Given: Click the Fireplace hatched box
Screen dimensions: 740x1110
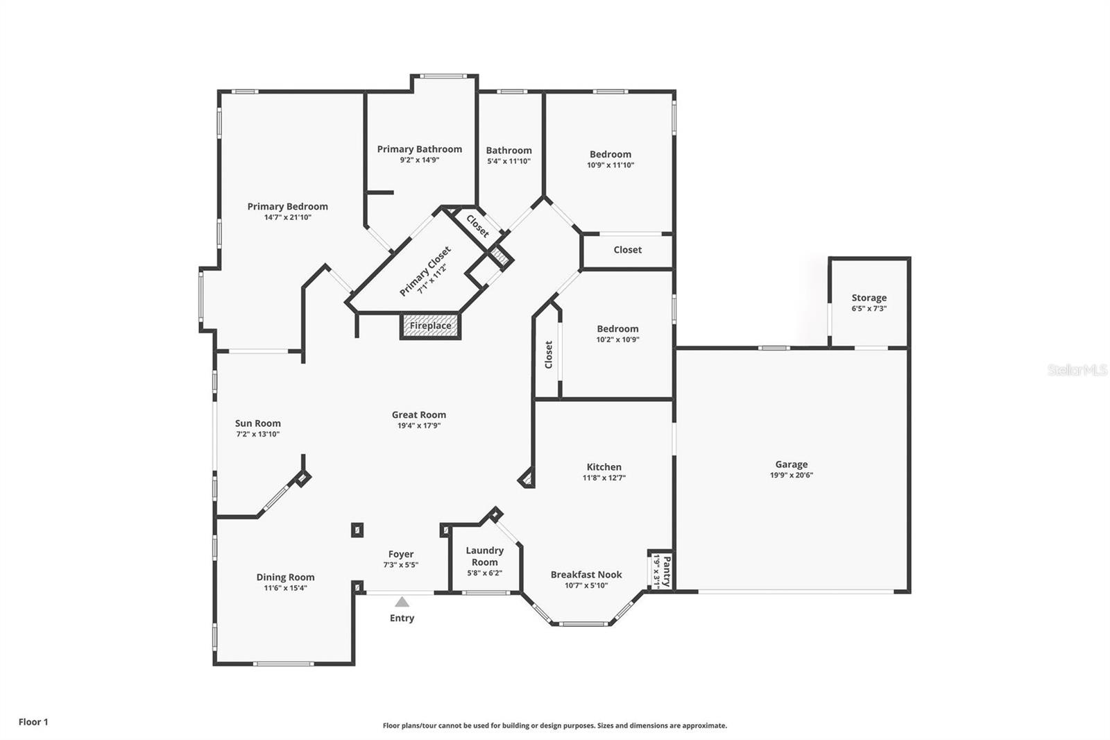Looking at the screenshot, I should [430, 326].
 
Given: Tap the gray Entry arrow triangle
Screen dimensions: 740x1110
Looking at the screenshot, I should [402, 602].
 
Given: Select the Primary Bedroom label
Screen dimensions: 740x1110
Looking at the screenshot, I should [287, 206].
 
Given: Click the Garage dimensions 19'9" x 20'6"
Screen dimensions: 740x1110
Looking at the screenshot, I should [791, 476].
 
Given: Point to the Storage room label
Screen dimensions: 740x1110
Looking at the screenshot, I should [869, 298].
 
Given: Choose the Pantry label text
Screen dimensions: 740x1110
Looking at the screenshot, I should [667, 571].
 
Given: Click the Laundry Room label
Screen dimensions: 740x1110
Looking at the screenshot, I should [484, 556].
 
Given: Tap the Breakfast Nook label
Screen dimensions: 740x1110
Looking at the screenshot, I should [586, 575].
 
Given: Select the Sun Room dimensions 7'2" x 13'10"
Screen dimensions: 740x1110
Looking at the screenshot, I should [257, 435].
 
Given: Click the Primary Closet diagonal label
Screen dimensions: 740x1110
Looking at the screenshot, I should [425, 271].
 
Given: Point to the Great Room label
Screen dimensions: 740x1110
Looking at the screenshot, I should [418, 415].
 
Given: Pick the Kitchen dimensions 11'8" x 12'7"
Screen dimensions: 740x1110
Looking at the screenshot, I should [604, 478].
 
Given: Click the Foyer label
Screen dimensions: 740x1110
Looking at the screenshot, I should [401, 554].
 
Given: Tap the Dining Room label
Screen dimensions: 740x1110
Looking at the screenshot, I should [285, 577].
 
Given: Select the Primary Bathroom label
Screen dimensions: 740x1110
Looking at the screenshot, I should [419, 149].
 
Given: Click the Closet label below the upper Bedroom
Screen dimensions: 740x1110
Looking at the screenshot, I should [627, 250].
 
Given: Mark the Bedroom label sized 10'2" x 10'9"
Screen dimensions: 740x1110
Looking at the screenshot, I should [617, 329].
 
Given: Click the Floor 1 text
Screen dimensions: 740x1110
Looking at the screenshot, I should [33, 722].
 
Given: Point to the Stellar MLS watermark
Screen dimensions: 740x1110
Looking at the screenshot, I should [1077, 370].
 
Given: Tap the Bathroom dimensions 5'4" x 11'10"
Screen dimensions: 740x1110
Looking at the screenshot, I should [509, 161].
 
